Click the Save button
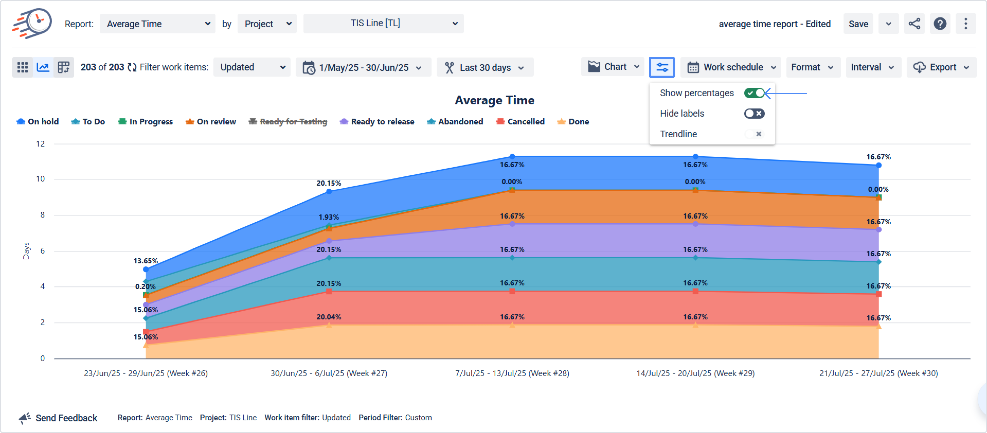coord(858,24)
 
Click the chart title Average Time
coord(494,100)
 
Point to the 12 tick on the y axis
coord(40,144)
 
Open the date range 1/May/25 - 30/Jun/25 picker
coord(363,67)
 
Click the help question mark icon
coord(940,24)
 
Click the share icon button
coord(914,24)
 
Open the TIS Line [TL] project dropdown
coord(383,23)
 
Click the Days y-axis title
coord(26,251)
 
